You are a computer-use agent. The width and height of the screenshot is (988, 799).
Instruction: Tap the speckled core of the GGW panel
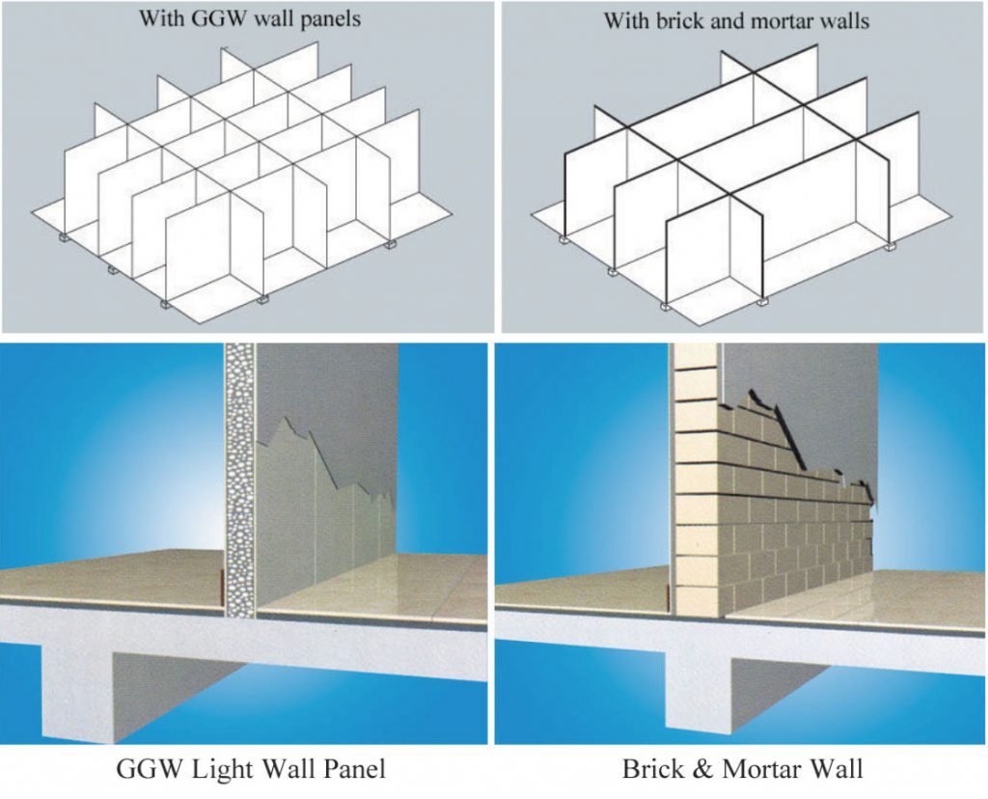(239, 482)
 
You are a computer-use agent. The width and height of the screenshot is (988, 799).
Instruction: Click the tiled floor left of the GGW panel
(106, 574)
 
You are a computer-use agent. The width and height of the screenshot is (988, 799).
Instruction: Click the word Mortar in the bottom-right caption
(762, 769)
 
